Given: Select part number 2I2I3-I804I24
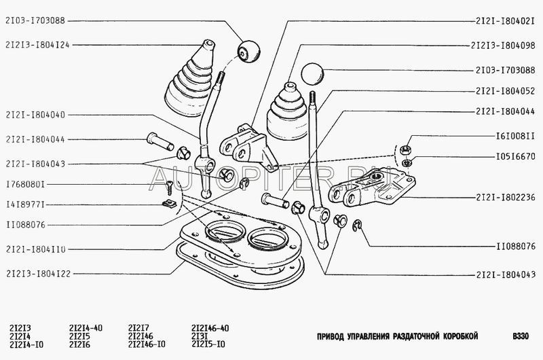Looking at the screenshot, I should (x=37, y=45).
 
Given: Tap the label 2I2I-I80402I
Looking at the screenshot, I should (x=504, y=21).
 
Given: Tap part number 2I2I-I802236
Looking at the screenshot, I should (x=504, y=198).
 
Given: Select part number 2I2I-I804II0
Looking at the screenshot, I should (x=35, y=249).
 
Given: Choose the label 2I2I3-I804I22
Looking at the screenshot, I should (x=37, y=274).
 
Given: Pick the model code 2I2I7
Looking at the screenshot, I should (x=138, y=327).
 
